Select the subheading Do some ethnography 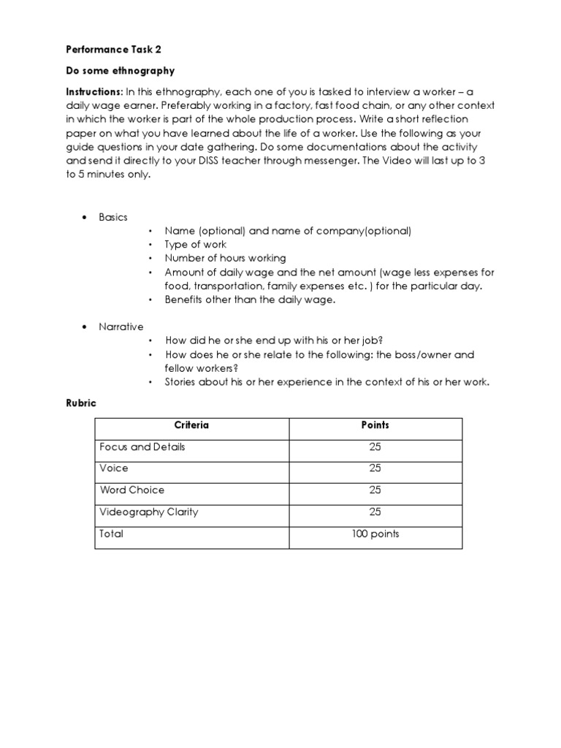point(121,72)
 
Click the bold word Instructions point(94,92)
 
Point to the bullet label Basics point(113,217)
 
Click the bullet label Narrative point(121,327)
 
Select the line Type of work point(196,245)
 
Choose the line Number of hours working point(225,258)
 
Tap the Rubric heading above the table point(80,403)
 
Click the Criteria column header point(191,425)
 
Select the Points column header point(375,425)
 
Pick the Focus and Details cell point(142,446)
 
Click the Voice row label point(113,468)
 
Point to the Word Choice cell point(131,490)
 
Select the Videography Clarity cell point(148,512)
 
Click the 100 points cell point(375,534)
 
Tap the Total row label point(112,534)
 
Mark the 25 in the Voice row point(375,468)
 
